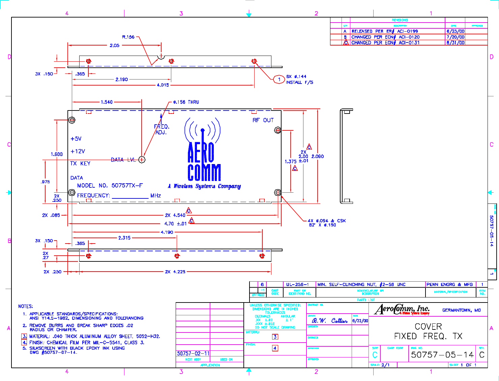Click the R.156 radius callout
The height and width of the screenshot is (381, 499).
point(128,37)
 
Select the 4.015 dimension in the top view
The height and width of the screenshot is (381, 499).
point(163,85)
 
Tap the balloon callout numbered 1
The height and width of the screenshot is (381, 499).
point(279,79)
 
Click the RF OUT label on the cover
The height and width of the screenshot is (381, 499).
point(263,120)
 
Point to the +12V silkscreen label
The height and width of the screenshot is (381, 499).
point(78,152)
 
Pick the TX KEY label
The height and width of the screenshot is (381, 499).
point(80,164)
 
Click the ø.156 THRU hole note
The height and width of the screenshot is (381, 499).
point(186,102)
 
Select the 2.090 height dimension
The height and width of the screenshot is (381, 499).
point(318,156)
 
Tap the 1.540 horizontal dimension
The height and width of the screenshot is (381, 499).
point(107,102)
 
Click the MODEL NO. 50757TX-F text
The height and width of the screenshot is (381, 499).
point(110,186)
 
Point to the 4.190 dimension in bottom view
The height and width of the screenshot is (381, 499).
point(167,232)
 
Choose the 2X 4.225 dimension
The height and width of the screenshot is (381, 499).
point(175,272)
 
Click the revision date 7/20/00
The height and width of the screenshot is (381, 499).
point(456,37)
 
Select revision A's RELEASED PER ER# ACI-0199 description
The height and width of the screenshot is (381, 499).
point(385,31)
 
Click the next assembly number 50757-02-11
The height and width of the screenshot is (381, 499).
point(193,353)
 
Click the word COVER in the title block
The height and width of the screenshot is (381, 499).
point(428,326)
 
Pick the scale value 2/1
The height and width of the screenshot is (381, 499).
point(385,365)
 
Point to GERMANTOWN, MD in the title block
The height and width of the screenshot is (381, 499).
point(462,310)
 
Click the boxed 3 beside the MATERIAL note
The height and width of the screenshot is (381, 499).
point(24,336)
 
